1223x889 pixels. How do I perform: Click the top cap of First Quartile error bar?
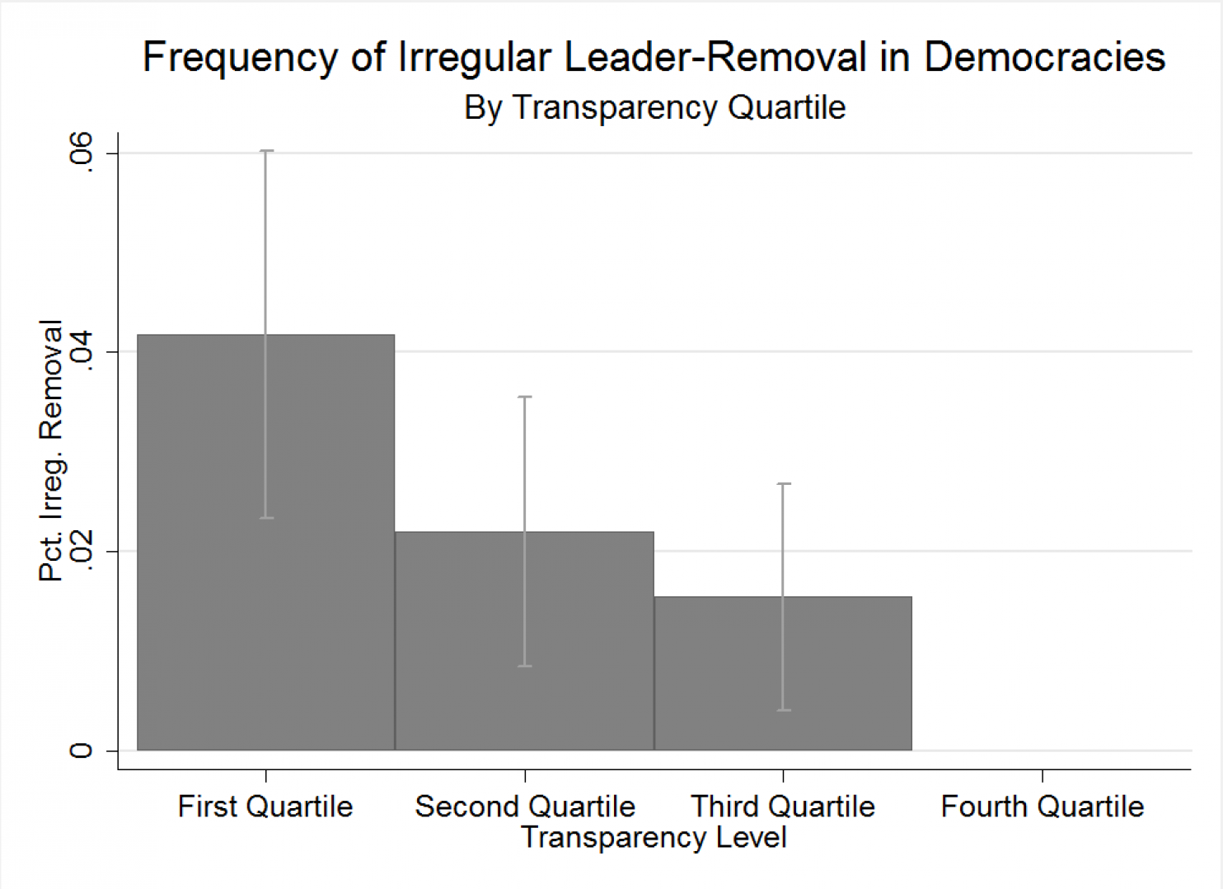pos(266,151)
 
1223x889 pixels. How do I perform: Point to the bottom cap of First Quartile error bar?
pos(266,518)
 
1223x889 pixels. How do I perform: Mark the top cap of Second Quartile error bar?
pos(525,397)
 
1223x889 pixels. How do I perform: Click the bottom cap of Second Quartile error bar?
pos(525,666)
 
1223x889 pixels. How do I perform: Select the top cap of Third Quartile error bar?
pos(784,484)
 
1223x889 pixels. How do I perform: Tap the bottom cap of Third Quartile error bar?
pos(784,710)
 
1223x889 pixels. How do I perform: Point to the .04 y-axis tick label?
pos(81,351)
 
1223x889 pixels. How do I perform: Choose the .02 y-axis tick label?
pos(81,551)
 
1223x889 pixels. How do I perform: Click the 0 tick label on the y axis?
pos(81,750)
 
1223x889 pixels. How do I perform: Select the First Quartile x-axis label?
pos(265,807)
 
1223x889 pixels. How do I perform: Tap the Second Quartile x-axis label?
pos(525,807)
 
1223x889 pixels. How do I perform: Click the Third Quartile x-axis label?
pos(783,807)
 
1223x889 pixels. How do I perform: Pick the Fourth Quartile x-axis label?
pos(1043,807)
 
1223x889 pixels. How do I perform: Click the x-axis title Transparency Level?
pos(654,838)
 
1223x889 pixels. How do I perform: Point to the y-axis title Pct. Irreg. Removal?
pos(51,450)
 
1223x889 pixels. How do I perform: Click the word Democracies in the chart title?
pos(1044,58)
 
